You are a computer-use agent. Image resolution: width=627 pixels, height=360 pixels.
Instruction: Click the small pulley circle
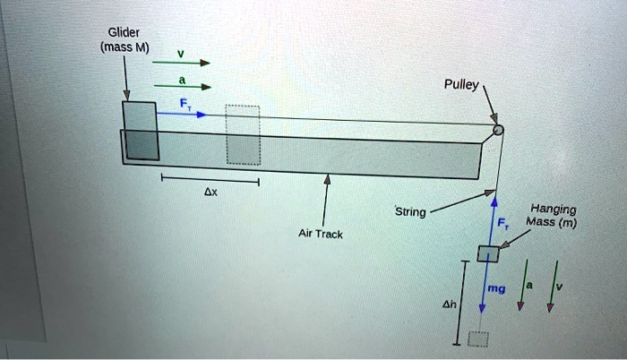[x=498, y=131]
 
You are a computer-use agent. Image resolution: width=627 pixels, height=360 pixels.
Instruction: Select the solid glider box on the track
[x=141, y=131]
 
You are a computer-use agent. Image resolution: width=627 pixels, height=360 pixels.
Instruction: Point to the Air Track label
[x=319, y=234]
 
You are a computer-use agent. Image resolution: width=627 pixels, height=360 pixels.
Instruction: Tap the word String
[x=411, y=212]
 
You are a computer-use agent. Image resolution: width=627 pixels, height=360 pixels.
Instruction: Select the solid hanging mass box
[x=488, y=254]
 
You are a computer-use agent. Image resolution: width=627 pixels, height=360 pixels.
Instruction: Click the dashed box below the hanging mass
[x=479, y=339]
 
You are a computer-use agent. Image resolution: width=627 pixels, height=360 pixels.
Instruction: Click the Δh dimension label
[x=450, y=304]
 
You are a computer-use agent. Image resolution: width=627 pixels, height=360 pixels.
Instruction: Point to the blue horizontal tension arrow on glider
[x=184, y=115]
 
